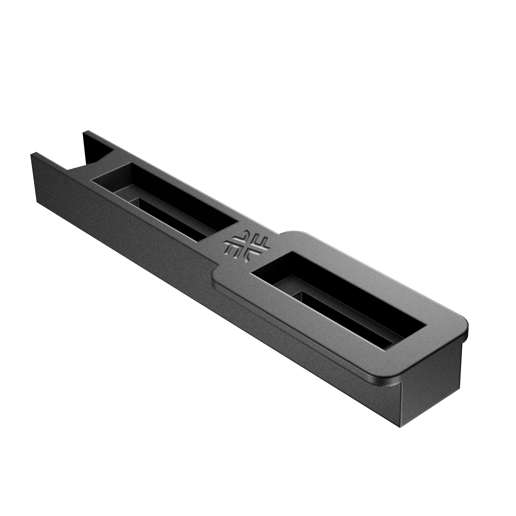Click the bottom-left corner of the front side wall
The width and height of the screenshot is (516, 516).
click(x=37, y=202)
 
